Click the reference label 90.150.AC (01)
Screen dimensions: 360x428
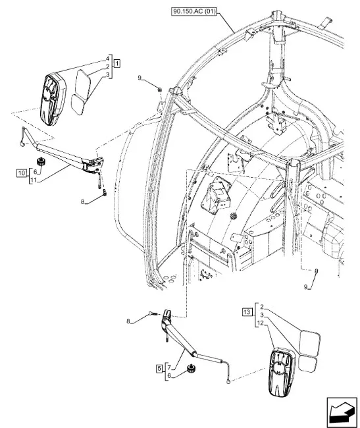tap(194, 12)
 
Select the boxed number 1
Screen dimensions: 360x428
tap(116, 63)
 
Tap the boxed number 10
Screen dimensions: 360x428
tap(22, 173)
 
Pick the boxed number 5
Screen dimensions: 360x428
tap(159, 369)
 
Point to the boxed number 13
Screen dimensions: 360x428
tap(247, 311)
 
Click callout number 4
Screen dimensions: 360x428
tap(108, 59)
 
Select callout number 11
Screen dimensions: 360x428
tap(34, 180)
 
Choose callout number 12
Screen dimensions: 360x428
tap(261, 323)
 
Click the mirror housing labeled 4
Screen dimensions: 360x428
tap(53, 99)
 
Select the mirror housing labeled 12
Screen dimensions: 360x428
tap(282, 371)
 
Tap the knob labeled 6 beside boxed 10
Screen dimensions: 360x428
tap(41, 161)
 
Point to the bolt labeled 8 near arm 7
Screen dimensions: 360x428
tap(152, 313)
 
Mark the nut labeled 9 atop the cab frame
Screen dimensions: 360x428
tap(160, 89)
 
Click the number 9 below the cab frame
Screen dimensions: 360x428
tap(306, 286)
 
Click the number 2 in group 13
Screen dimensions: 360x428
tap(262, 307)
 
